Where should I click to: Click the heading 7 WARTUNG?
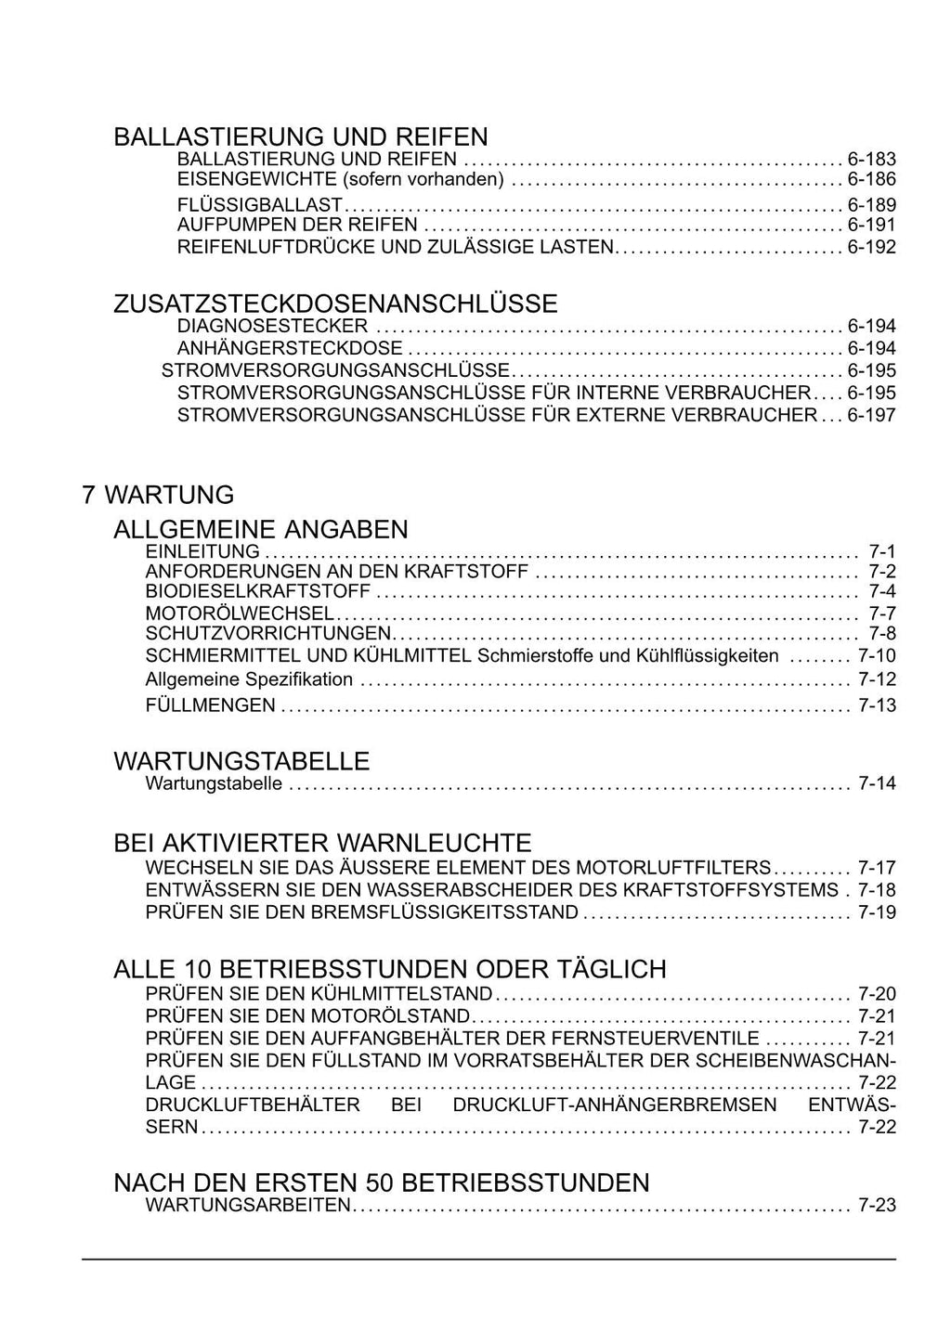click(158, 495)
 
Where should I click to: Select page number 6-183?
click(871, 159)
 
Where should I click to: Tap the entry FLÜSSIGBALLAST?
click(260, 204)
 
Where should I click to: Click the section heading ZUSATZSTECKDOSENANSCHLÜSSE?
click(335, 304)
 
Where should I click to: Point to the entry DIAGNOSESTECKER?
click(272, 326)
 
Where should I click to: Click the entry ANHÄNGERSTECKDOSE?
click(290, 348)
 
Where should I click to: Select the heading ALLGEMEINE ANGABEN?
click(260, 530)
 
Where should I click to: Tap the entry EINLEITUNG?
click(202, 551)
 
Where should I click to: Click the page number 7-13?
click(877, 705)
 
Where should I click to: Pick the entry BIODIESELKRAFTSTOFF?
click(258, 591)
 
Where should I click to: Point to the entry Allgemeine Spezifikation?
click(249, 679)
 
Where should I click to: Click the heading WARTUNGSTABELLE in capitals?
click(241, 761)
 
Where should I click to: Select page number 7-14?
click(877, 783)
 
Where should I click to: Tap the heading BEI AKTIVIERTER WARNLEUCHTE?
click(322, 843)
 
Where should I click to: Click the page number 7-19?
click(877, 912)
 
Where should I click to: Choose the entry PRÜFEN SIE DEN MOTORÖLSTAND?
click(307, 1016)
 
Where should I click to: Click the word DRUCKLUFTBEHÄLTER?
click(253, 1105)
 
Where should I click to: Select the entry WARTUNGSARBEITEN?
click(248, 1206)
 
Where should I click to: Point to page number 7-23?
click(877, 1206)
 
